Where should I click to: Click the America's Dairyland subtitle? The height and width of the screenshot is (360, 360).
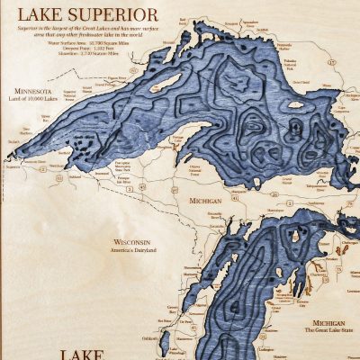pyautogui.click(x=134, y=249)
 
